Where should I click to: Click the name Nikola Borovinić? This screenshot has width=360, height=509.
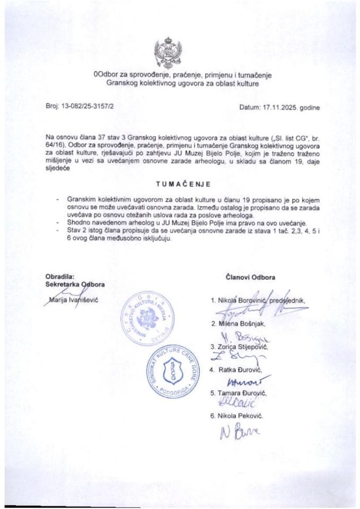click(243, 301)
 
